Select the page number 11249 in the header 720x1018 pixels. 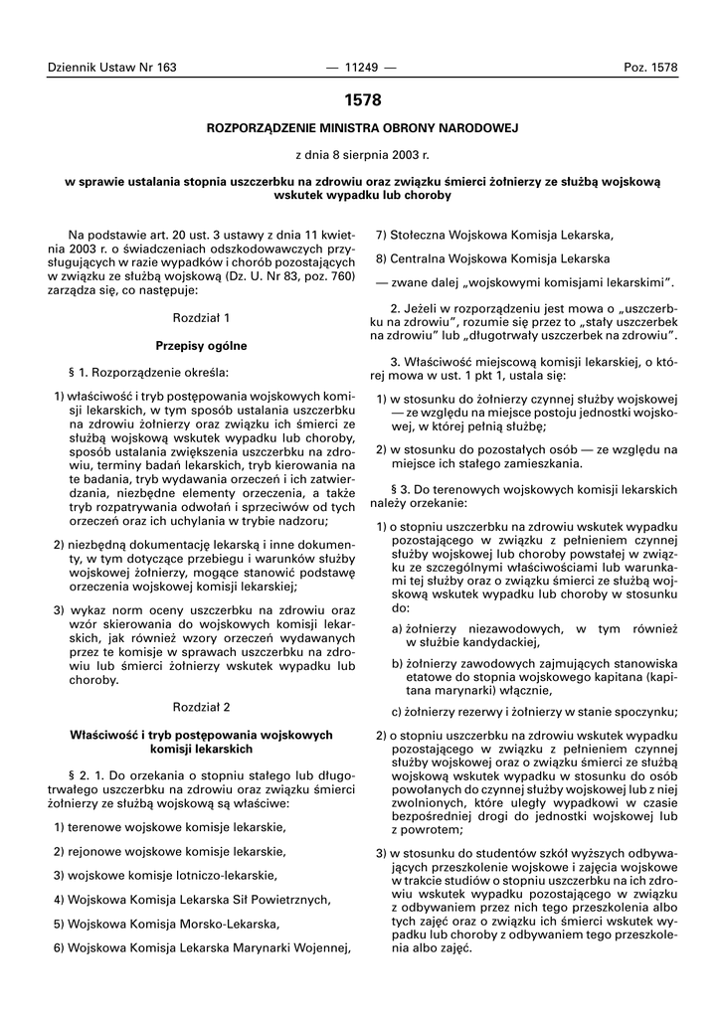pyautogui.click(x=361, y=67)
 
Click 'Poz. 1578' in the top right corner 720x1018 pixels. pyautogui.click(x=650, y=67)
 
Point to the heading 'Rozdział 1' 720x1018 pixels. pyautogui.click(x=201, y=318)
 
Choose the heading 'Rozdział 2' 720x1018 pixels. pyautogui.click(x=201, y=707)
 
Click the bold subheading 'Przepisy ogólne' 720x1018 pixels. pyautogui.click(x=201, y=345)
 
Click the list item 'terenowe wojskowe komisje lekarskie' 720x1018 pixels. pyautogui.click(x=175, y=827)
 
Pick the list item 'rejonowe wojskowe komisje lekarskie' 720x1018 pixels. pyautogui.click(x=175, y=851)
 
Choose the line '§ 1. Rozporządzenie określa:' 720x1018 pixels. pyautogui.click(x=148, y=373)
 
